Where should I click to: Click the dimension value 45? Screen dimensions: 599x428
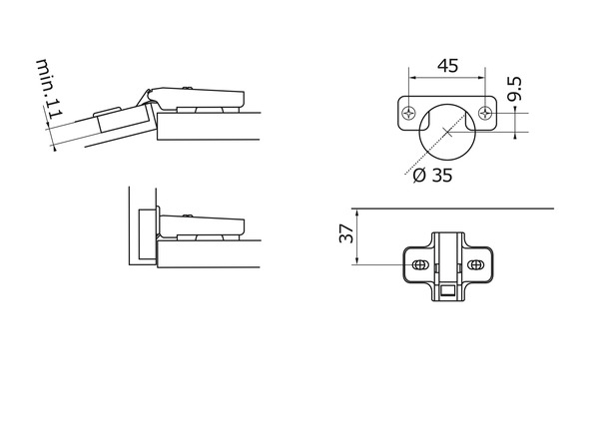[x=447, y=66]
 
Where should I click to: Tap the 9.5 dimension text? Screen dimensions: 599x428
[x=514, y=89]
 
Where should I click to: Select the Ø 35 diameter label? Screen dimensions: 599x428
[x=433, y=176]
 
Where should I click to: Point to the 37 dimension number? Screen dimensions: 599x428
[x=346, y=233]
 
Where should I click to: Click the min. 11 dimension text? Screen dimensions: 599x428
[x=50, y=89]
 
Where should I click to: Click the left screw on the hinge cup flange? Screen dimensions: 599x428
[x=408, y=113]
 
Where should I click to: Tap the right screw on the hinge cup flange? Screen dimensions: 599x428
[x=485, y=113]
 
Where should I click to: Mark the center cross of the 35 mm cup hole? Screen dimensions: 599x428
[x=447, y=132]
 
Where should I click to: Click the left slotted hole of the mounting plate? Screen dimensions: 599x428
[x=419, y=264]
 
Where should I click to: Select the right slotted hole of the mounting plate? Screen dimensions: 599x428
[x=475, y=264]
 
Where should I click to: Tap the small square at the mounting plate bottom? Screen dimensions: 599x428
[x=447, y=291]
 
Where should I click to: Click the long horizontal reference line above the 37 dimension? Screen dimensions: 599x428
[x=452, y=209]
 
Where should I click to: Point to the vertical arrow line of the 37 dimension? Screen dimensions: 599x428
[x=357, y=236]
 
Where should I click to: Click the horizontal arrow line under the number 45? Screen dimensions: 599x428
[x=447, y=78]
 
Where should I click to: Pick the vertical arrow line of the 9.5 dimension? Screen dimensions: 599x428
[x=515, y=123]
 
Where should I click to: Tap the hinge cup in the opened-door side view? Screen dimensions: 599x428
[x=123, y=119]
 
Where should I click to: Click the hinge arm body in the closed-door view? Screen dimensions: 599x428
[x=202, y=225]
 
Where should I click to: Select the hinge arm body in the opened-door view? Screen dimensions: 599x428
[x=197, y=98]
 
